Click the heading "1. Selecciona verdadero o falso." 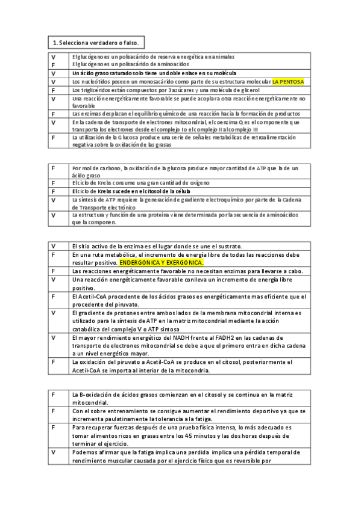96,43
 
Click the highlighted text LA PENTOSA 288,81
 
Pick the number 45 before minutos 190,435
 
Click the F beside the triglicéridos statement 54,90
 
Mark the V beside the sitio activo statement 54,246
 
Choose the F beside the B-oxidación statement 54,395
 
